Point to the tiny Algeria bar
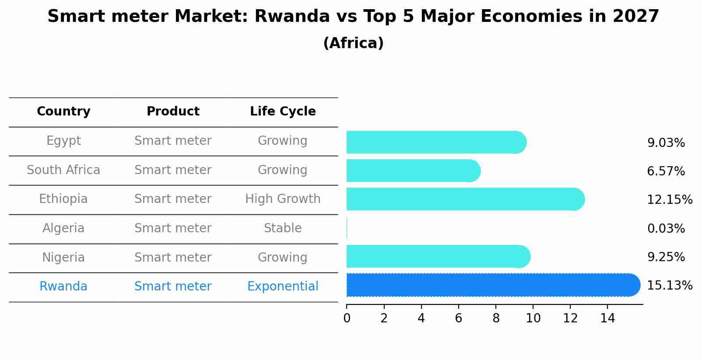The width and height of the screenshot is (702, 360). tap(347, 228)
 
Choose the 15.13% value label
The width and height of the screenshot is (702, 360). tap(669, 286)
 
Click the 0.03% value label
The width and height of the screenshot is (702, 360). tap(666, 228)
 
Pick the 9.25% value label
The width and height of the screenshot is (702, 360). tap(666, 257)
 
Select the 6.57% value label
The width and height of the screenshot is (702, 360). tap(666, 171)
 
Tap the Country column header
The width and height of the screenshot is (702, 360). tap(63, 112)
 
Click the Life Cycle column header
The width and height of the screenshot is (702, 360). tap(283, 112)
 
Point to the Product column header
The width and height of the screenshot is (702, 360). tap(173, 112)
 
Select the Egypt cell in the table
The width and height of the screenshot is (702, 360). tap(63, 141)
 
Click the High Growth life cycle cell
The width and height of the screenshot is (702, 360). tap(283, 199)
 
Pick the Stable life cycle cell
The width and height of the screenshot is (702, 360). tap(283, 228)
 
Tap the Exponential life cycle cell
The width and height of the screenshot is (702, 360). tap(283, 287)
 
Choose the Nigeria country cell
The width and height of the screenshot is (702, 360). tap(63, 257)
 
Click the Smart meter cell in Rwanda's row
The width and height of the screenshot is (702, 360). tap(173, 287)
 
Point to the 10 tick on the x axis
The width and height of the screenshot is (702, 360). tap(533, 318)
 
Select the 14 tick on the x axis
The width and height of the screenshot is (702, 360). tap(607, 318)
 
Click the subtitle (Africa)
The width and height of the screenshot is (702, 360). tap(353, 43)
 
